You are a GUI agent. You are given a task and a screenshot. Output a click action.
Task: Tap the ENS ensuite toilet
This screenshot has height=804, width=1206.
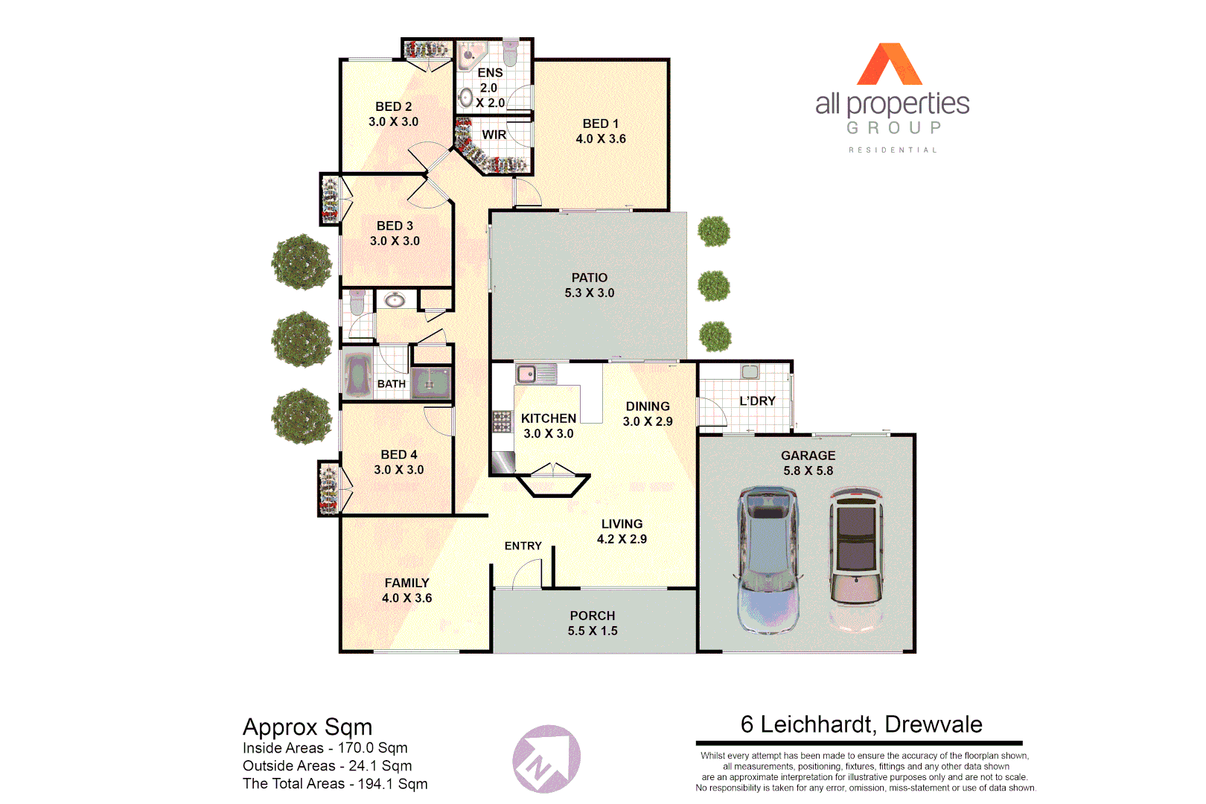click(x=510, y=53)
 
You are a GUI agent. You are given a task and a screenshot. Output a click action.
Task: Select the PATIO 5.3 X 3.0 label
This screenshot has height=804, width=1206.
click(x=589, y=285)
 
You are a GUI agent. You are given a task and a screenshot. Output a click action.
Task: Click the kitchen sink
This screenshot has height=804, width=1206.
click(x=536, y=374)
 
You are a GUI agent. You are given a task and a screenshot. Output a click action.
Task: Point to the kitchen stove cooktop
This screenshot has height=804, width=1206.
click(x=502, y=421)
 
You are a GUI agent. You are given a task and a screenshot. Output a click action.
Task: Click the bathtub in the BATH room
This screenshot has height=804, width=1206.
click(x=357, y=376)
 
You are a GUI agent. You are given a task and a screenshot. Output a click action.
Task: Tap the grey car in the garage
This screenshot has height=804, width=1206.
click(x=768, y=558)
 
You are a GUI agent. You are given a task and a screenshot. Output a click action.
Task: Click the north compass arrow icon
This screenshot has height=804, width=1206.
click(x=546, y=759)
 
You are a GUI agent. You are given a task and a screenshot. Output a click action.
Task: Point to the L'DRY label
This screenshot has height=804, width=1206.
click(x=757, y=401)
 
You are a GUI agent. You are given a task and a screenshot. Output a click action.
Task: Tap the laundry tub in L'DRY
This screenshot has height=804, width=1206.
click(x=750, y=371)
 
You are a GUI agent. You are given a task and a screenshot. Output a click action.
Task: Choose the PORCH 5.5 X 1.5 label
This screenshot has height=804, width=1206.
click(x=593, y=623)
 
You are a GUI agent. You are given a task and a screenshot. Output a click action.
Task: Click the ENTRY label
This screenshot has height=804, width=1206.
click(x=523, y=546)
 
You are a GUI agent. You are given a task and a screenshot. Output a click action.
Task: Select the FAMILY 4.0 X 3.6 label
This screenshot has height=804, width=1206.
click(x=406, y=590)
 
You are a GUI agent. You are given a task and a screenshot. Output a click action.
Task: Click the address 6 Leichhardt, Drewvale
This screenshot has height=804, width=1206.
click(x=861, y=724)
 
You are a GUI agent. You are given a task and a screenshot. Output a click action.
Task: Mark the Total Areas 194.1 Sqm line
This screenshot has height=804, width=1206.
click(x=335, y=784)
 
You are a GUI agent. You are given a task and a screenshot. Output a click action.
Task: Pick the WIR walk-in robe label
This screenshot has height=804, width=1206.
click(x=494, y=135)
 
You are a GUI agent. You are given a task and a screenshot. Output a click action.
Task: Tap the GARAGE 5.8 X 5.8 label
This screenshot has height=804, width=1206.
click(x=808, y=463)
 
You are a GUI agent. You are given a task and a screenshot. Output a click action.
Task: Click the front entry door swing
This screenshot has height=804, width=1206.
click(x=527, y=573)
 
